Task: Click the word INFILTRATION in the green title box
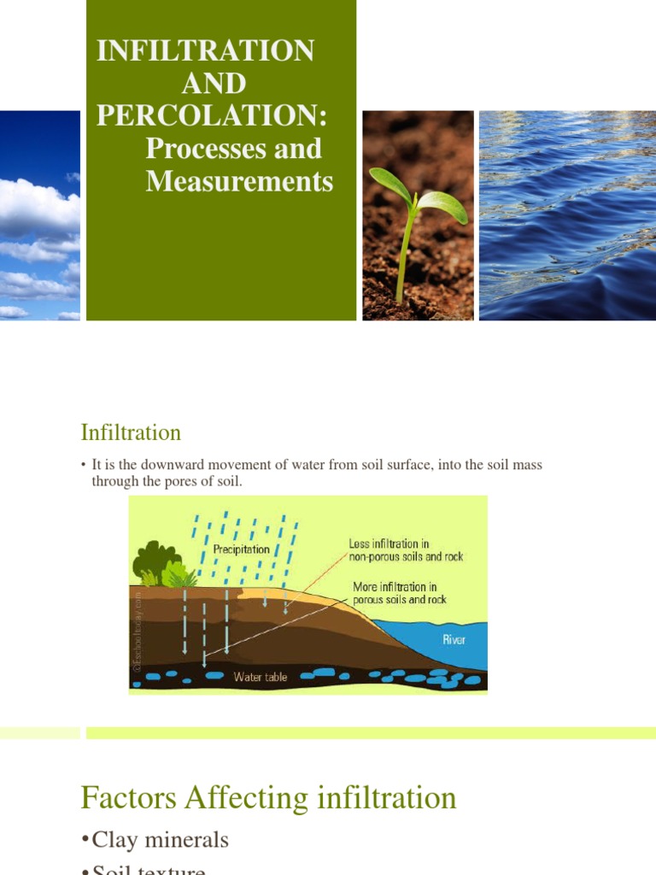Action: [x=205, y=50]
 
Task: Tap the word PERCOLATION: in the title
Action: [x=212, y=115]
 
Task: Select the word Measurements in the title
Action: [x=239, y=181]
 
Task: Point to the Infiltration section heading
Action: [x=131, y=432]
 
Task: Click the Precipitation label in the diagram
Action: [x=241, y=549]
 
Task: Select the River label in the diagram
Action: [x=454, y=639]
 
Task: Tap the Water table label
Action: [x=261, y=677]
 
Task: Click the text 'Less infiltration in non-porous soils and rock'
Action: [x=405, y=550]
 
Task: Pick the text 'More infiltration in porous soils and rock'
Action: [x=400, y=593]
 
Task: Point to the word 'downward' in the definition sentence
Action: [x=171, y=466]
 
